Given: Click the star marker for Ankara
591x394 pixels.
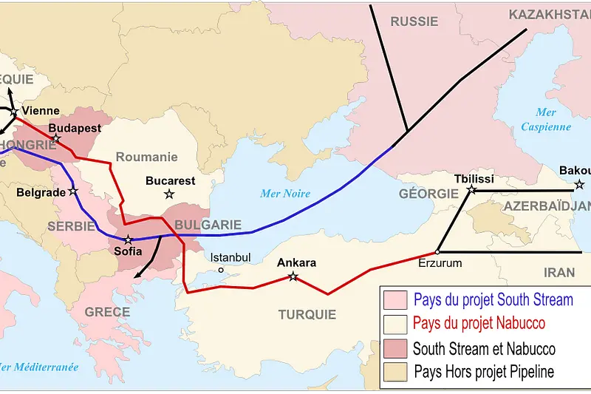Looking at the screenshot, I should click(293, 276).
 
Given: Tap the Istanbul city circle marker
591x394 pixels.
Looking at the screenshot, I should click(221, 270).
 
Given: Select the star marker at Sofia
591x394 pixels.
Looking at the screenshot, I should click(129, 240).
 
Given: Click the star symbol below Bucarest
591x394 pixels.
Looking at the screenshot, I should click(169, 194).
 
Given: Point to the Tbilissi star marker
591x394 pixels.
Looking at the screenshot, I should click(471, 190).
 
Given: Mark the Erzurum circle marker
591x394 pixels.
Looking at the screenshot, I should click(438, 252).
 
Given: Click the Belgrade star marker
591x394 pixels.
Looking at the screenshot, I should click(73, 191).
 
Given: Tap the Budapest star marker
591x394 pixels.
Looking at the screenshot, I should click(56, 138).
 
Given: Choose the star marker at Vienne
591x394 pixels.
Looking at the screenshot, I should click(14, 112).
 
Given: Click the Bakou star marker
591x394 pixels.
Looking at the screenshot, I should click(579, 184).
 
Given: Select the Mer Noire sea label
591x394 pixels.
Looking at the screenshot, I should click(285, 194).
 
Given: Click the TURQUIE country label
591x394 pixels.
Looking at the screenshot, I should click(307, 314).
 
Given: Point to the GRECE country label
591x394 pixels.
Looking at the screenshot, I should click(107, 312).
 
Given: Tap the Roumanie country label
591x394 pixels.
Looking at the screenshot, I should click(146, 157).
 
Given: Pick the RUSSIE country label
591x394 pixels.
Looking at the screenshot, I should click(414, 21).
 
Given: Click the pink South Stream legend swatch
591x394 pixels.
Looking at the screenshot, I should click(395, 299).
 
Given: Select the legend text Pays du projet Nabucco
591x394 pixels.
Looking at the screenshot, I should click(479, 323).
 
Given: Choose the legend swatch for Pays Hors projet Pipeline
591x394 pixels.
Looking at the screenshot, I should click(395, 372).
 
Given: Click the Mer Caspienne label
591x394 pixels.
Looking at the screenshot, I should click(546, 119).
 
